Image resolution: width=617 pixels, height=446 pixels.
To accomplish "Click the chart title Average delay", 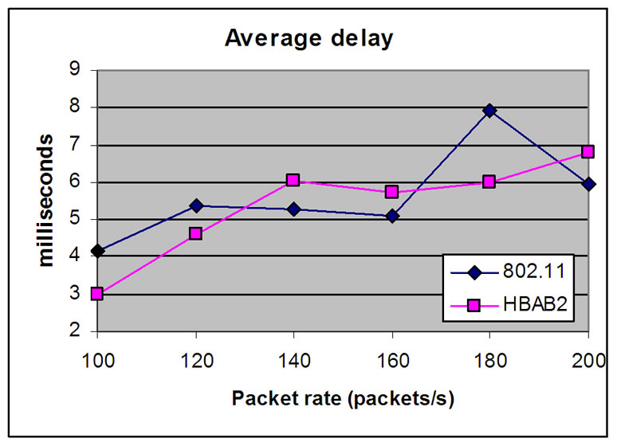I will coord(308,37).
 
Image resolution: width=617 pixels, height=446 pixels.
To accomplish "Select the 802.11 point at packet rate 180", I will coord(489,111).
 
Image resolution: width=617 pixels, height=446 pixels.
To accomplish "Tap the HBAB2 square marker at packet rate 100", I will coord(97,293).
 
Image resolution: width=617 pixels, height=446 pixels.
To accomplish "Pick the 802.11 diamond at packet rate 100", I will coord(97,251).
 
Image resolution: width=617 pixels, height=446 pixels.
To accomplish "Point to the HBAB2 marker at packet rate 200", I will coord(588,151).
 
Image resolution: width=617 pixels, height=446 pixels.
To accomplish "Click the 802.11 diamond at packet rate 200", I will coord(588,184).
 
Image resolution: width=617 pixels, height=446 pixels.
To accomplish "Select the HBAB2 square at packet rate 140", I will coord(293,180).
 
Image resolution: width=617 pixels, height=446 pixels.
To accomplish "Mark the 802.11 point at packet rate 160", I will coord(391,216).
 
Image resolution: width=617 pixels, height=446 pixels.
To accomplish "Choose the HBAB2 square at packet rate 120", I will coord(195,233).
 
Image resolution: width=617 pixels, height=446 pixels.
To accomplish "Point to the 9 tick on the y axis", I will coord(75,70).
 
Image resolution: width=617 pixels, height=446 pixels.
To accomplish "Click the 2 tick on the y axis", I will coord(75,331).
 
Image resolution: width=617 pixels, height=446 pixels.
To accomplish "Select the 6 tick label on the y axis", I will coord(75,182).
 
